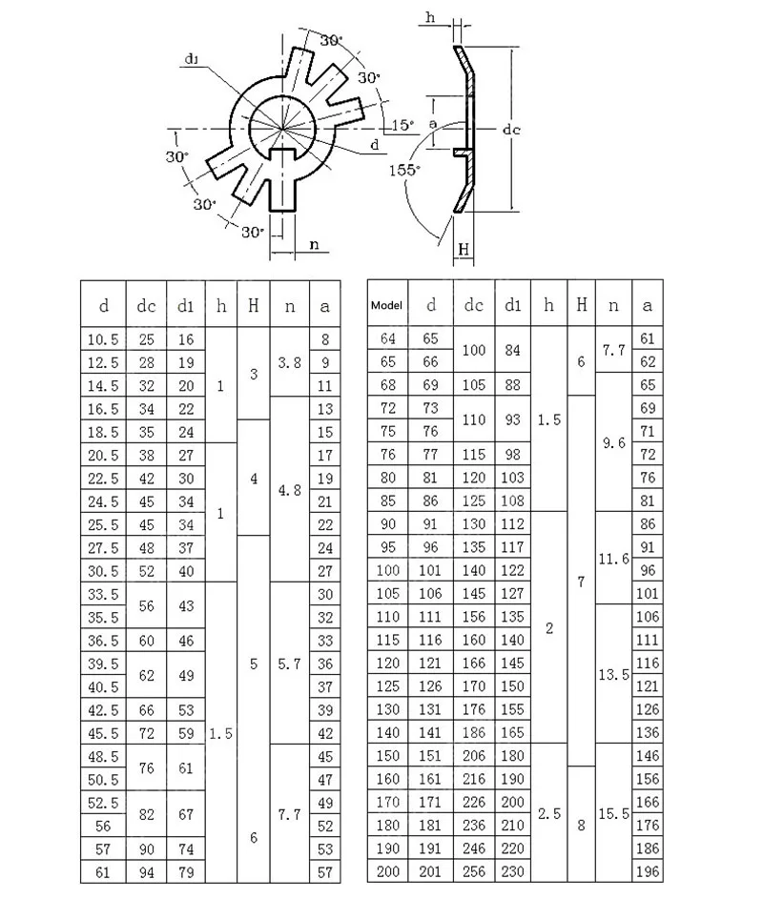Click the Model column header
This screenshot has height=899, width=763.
tap(387, 305)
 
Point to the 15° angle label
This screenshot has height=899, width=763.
tap(402, 125)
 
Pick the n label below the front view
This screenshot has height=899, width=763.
tap(314, 244)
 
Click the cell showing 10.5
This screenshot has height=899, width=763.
tap(104, 339)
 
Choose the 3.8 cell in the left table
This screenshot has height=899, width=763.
tap(290, 362)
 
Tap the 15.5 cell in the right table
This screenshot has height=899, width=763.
tap(613, 814)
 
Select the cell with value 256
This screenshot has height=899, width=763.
tap(474, 871)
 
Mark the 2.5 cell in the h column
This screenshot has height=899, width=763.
tap(548, 814)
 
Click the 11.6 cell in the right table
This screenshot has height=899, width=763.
tap(613, 559)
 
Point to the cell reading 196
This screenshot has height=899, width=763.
tap(648, 871)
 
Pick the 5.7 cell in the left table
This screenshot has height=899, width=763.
tap(290, 664)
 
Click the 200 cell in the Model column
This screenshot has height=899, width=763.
tap(387, 871)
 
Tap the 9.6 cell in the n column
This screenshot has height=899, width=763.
tap(613, 441)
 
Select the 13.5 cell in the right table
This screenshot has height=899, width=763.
tap(613, 674)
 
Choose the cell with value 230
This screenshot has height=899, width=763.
tap(513, 871)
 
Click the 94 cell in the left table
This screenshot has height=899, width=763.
tap(147, 871)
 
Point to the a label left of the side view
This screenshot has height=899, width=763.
tap(434, 124)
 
